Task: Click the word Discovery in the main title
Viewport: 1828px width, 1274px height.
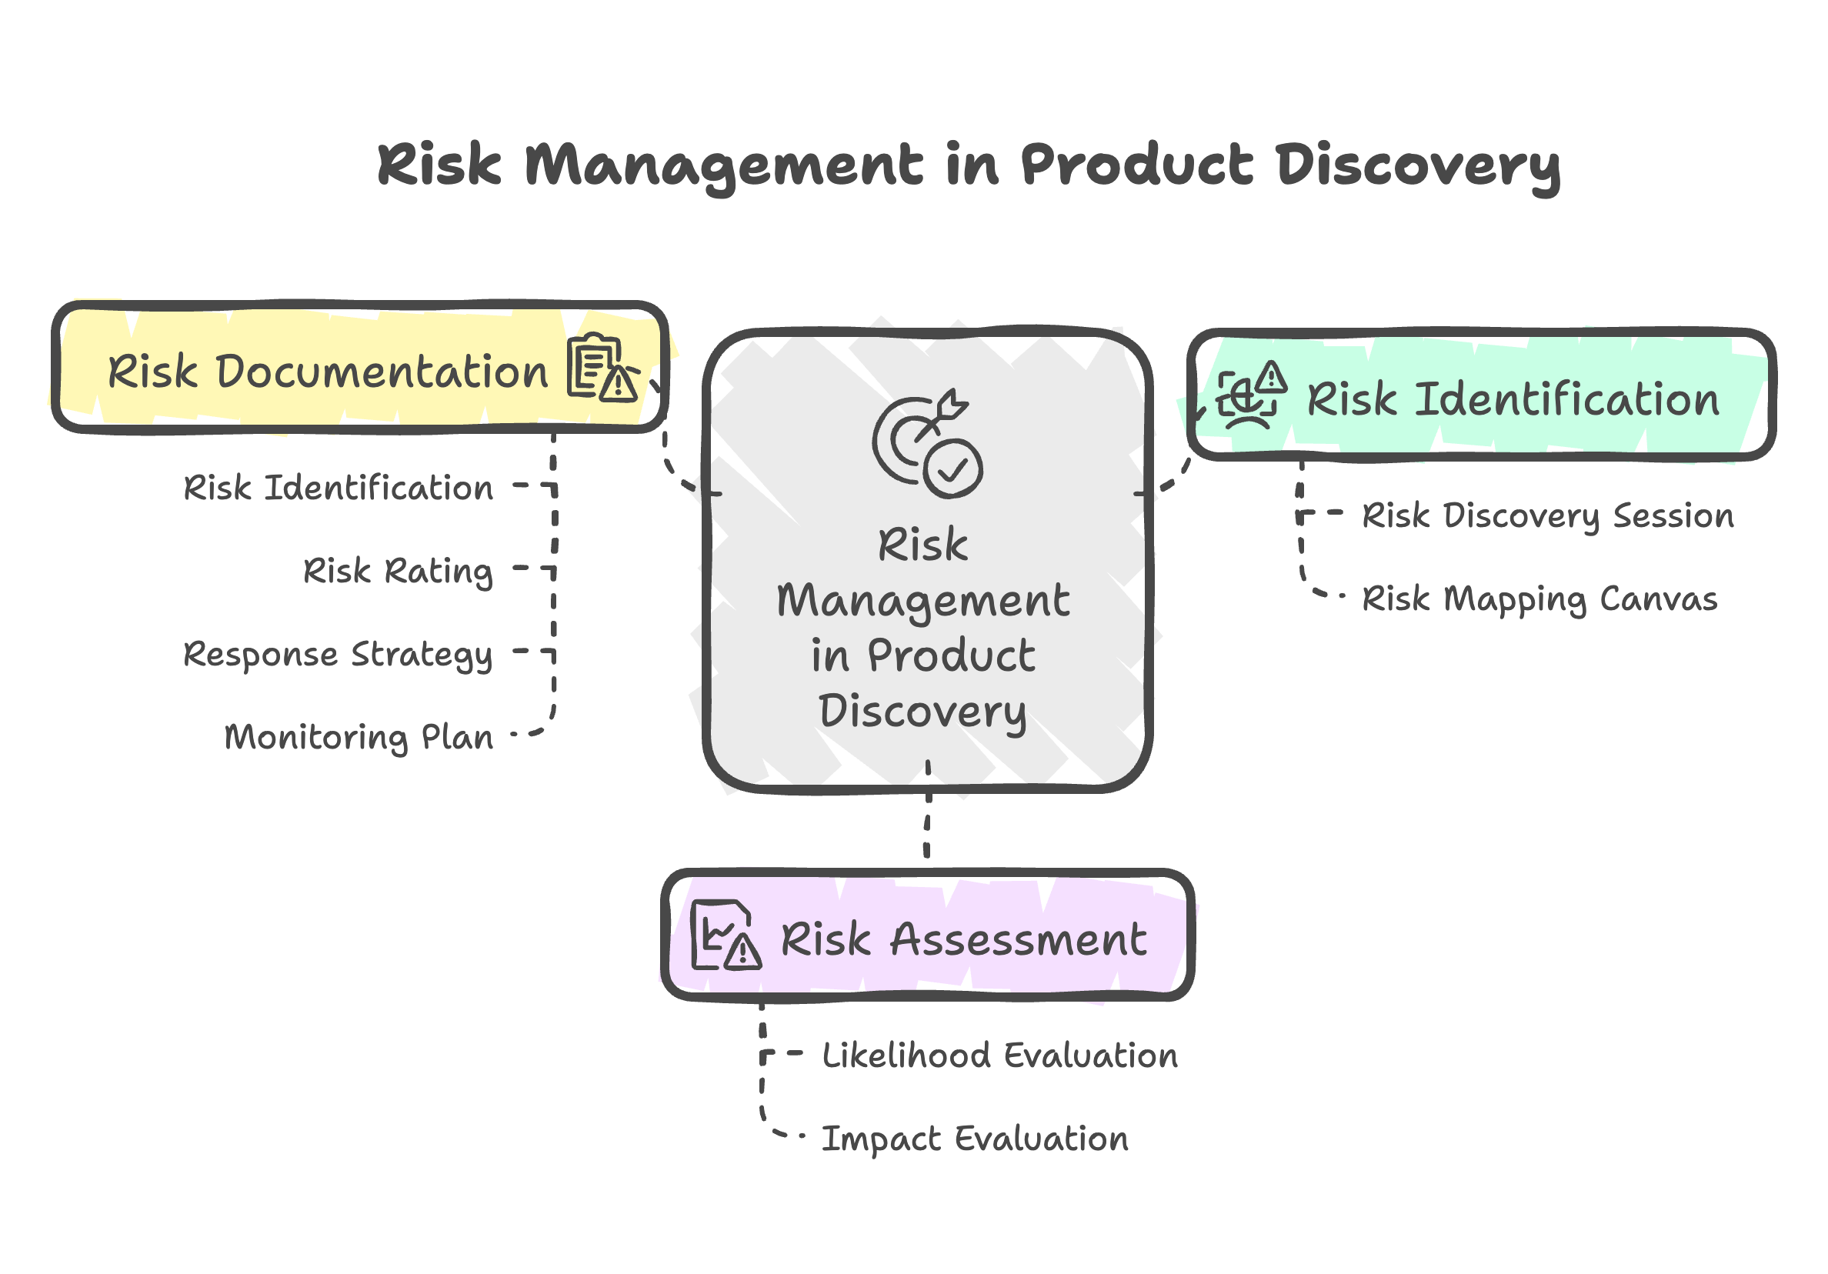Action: [x=1417, y=167]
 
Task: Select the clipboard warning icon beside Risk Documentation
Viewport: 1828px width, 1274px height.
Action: [x=603, y=367]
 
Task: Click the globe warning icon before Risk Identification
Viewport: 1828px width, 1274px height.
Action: [x=1251, y=395]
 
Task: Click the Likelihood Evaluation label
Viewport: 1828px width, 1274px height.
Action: [x=1000, y=1056]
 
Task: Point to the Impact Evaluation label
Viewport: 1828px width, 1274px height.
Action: [x=976, y=1139]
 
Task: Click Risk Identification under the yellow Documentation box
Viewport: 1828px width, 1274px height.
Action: [x=339, y=488]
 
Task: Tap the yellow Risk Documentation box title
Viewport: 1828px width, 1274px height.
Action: [x=328, y=372]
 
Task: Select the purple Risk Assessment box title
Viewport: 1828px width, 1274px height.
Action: [x=963, y=939]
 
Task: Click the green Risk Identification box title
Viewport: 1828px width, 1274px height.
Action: [x=1513, y=399]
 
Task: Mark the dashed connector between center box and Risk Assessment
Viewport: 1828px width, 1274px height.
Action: [x=928, y=809]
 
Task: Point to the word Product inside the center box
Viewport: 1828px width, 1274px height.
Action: [x=952, y=656]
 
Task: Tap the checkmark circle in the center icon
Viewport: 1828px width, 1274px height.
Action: [x=953, y=470]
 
